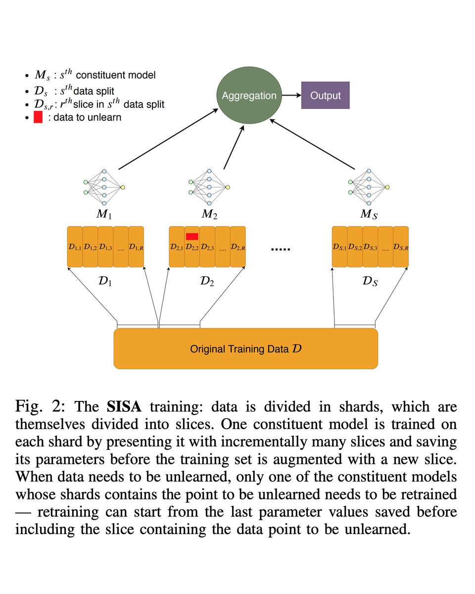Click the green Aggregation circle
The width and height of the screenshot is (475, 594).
248,95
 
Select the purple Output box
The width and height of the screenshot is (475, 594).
326,95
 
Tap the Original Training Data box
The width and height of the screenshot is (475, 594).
246,348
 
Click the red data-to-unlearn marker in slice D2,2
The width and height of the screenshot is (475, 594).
192,236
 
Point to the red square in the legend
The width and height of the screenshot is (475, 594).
38,117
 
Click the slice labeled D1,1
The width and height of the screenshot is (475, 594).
75,247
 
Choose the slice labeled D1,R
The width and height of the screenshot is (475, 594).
136,247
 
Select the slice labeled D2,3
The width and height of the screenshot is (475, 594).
207,247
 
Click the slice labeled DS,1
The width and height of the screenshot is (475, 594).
339,247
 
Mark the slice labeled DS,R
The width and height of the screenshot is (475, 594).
401,247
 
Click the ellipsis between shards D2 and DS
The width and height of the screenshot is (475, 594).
281,248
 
